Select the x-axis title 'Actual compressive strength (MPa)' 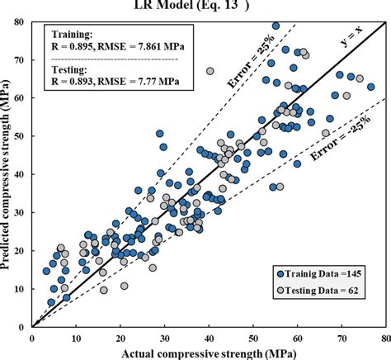(208, 351)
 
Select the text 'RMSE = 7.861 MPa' (139, 50)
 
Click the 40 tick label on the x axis (208, 336)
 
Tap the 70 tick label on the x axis (341, 336)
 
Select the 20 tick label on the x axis (120, 336)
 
